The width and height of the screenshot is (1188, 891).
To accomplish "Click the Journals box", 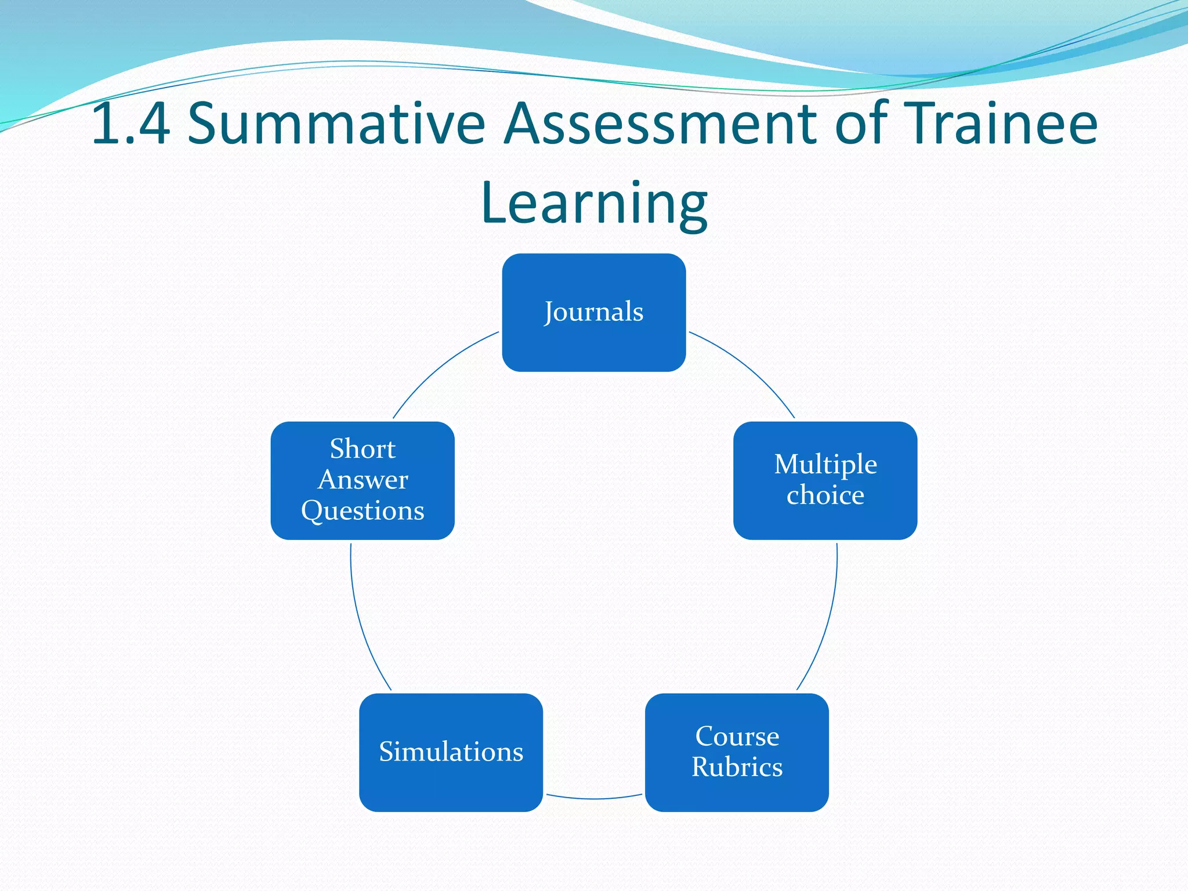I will [x=593, y=312].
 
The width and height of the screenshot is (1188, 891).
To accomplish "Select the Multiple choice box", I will [x=825, y=480].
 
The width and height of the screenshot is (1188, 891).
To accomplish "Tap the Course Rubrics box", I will [x=737, y=752].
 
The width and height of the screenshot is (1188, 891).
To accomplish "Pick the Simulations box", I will [x=451, y=752].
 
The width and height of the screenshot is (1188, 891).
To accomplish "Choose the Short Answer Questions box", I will [x=363, y=480].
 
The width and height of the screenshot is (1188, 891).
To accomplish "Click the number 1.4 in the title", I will [x=131, y=123].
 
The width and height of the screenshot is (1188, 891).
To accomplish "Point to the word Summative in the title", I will [x=336, y=123].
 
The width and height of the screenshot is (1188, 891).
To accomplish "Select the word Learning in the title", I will [x=594, y=203].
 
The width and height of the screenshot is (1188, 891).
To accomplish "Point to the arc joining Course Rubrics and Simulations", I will [x=594, y=799].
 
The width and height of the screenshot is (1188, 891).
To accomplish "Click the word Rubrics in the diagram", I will [x=737, y=767].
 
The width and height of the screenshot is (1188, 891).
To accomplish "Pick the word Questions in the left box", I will [x=363, y=511].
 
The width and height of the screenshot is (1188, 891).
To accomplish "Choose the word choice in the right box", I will [x=825, y=495].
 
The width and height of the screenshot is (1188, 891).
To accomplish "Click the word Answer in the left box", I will [x=363, y=480].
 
